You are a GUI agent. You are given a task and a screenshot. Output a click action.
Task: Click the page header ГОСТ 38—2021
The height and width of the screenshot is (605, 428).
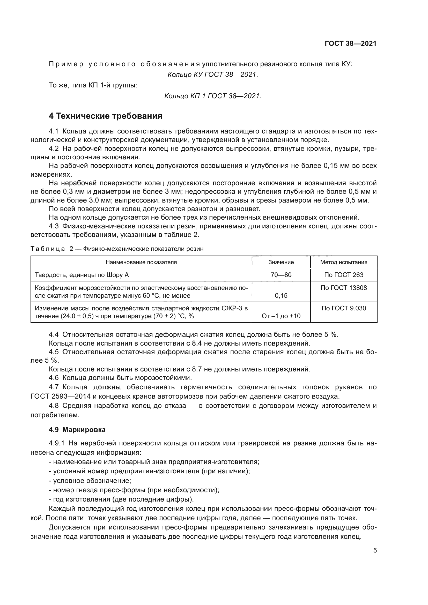pos(351,44)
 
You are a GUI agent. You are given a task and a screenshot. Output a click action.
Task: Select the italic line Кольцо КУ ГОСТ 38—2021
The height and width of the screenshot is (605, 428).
pos(213,75)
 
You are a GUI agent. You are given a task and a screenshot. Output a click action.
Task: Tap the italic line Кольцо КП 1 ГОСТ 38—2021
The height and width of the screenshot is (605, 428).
pos(213,96)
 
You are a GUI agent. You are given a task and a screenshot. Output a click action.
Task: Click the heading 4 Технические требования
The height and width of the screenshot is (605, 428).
pos(105,116)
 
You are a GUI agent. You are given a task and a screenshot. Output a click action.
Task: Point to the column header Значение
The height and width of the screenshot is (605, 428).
pos(281,262)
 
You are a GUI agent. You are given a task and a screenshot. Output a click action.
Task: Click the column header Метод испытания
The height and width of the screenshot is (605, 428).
pos(344,262)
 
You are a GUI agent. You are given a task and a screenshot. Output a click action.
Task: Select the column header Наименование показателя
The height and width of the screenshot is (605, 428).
pos(141,262)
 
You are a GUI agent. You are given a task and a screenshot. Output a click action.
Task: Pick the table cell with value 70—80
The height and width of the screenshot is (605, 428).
pos(281,275)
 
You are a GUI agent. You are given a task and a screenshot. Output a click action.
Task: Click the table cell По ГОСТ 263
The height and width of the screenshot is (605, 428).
pos(344,275)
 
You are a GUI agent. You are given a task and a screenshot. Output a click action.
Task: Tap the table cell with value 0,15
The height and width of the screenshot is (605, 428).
pos(281,295)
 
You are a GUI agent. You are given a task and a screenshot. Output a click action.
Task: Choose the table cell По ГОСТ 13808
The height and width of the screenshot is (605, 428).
pos(344,288)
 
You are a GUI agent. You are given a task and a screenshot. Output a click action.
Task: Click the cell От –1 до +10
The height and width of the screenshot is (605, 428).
pos(281,316)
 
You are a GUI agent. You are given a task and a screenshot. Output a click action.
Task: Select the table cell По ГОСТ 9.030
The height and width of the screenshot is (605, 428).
pos(344,308)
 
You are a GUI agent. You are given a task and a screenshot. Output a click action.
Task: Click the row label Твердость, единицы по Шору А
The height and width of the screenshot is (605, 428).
pos(82,275)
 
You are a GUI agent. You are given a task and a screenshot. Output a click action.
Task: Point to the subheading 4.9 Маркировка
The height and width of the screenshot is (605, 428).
pos(77,430)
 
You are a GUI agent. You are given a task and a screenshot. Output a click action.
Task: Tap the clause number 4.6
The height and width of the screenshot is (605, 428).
pos(54,378)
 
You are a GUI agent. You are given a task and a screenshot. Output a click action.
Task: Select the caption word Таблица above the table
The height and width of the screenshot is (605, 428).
pos(47,249)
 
